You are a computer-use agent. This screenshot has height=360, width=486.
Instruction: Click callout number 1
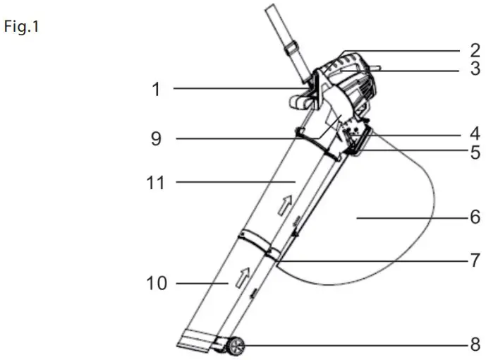point(156,89)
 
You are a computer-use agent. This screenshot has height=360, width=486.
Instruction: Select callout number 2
point(475,50)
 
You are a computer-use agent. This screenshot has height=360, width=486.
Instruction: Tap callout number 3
point(475,69)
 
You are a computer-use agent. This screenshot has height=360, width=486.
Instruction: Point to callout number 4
point(475,132)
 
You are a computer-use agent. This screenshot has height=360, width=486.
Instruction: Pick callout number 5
point(475,151)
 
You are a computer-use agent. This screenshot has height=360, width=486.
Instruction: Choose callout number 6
point(475,217)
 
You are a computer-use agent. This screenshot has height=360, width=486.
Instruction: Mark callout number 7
point(475,259)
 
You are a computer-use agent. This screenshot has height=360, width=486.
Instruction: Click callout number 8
point(475,345)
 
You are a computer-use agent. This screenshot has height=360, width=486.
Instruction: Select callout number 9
point(156,139)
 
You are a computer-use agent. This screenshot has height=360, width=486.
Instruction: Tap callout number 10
point(157,284)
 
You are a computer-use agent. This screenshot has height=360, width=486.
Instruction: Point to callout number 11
point(156,183)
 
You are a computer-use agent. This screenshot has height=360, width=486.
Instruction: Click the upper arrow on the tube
point(286,205)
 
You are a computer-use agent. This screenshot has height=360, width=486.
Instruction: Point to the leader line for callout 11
point(233,182)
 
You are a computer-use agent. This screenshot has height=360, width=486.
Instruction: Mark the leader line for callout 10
point(201,284)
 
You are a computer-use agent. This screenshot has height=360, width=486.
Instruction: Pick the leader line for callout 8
point(353,345)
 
